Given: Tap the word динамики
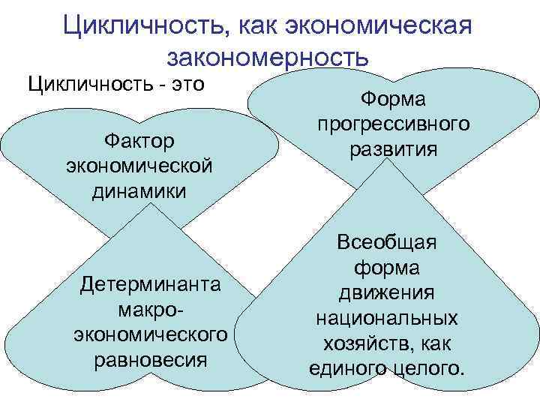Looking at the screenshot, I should coord(139,190).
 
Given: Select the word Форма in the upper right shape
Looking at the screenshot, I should coord(393,99).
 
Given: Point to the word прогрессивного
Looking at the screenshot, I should coord(393,124).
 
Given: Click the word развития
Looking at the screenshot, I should coord(393,148).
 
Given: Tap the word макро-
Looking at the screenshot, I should coord(151,309).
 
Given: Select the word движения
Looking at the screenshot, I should coord(387,292).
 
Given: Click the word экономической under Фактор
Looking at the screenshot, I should coord(139,165).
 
